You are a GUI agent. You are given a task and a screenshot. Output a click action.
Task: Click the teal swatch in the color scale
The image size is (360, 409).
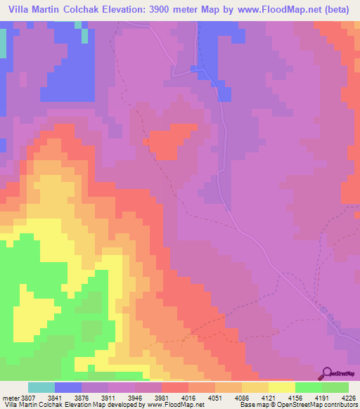pyautogui.click(x=41, y=387)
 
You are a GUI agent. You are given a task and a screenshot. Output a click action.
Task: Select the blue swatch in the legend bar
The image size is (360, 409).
pyautogui.click(x=68, y=387)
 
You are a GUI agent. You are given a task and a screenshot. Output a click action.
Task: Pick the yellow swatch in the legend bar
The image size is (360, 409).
pyautogui.click(x=282, y=387)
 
